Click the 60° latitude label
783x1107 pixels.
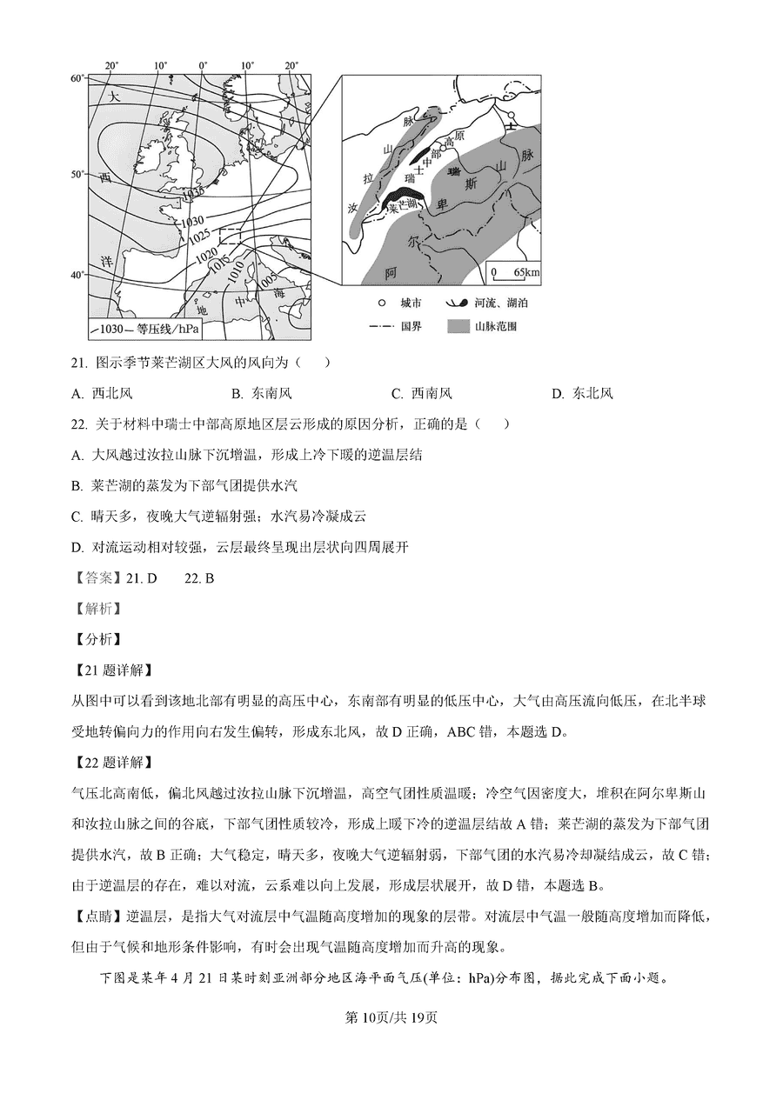pyautogui.click(x=77, y=78)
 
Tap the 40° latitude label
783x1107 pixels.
pyautogui.click(x=77, y=276)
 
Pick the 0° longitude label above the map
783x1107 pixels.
pyautogui.click(x=203, y=65)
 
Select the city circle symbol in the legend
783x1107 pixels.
pyautogui.click(x=381, y=303)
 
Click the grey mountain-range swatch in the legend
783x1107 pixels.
pyautogui.click(x=458, y=327)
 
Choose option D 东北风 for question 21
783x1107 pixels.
pyautogui.click(x=582, y=393)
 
